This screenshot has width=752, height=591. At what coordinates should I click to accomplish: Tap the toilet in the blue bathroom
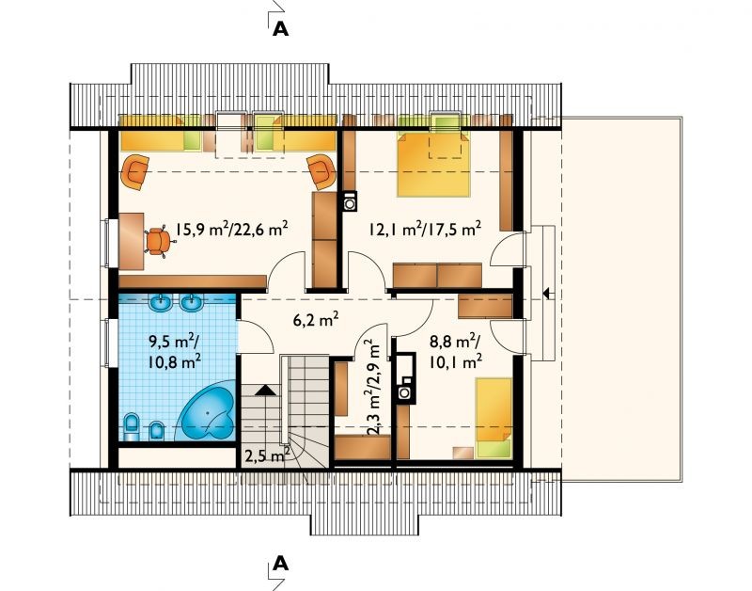pyautogui.click(x=131, y=426)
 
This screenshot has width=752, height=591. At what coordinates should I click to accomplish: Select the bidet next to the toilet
pyautogui.click(x=156, y=430)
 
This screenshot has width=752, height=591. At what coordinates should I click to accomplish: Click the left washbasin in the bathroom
pyautogui.click(x=162, y=303)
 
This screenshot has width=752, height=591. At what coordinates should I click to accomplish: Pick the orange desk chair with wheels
pyautogui.click(x=157, y=243)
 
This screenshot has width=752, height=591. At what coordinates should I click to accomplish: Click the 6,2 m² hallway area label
pyautogui.click(x=316, y=319)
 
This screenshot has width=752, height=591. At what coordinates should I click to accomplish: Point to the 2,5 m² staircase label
pyautogui.click(x=267, y=455)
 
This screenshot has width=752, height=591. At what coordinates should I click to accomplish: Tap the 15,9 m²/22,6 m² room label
pyautogui.click(x=231, y=229)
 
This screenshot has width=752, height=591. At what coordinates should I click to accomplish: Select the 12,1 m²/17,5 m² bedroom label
pyautogui.click(x=425, y=229)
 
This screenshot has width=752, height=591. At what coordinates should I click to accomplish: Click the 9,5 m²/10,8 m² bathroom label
pyautogui.click(x=175, y=351)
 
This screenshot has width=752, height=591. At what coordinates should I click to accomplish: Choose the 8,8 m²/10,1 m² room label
pyautogui.click(x=456, y=351)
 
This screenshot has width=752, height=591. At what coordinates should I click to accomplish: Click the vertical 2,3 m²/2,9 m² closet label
pyautogui.click(x=372, y=387)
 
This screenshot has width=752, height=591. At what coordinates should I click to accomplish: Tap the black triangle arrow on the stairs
pyautogui.click(x=265, y=390)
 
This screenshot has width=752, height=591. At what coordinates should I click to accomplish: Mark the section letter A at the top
pyautogui.click(x=280, y=29)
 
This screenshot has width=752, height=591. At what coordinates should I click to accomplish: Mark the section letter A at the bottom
pyautogui.click(x=280, y=563)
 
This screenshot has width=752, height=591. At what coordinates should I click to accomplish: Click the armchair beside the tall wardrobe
pyautogui.click(x=321, y=171)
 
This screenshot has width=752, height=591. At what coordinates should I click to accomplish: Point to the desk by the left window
pyautogui.click(x=132, y=241)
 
